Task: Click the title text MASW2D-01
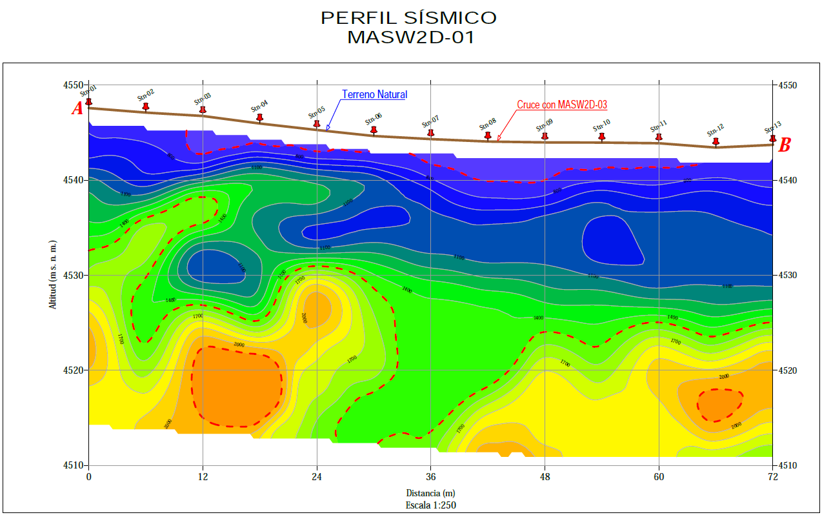[x=410, y=37]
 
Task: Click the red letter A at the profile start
[x=77, y=109]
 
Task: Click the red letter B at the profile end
[x=785, y=146]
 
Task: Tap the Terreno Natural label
[x=374, y=94]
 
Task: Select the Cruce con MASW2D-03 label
[x=562, y=105]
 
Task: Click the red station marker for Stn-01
[x=89, y=102]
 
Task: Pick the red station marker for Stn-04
[x=260, y=117]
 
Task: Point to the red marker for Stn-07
[x=431, y=132]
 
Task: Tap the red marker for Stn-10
[x=602, y=137]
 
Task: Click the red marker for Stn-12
[x=716, y=141]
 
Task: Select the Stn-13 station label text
[x=773, y=126]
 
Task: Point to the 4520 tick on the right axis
[x=788, y=370]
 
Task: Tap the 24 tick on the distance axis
[x=317, y=478]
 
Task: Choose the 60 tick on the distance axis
[x=659, y=478]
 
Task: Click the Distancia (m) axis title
[x=430, y=494]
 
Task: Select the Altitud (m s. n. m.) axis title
[x=54, y=275]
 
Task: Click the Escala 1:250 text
[x=430, y=505]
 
